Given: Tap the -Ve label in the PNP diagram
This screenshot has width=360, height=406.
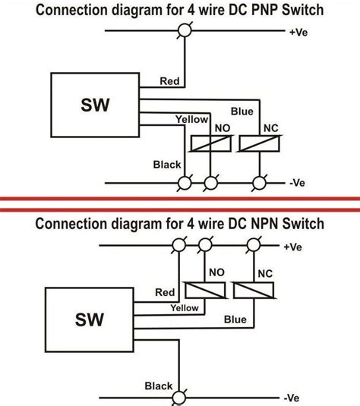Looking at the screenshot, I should click(297, 183).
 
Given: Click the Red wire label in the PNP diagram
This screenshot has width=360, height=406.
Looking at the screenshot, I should click(169, 80).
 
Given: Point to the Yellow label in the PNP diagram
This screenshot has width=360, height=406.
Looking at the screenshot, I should click(192, 119).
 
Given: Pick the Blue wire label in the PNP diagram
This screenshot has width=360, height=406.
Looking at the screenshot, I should click(242, 112).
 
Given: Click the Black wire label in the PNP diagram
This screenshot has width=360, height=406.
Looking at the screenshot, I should click(167, 164).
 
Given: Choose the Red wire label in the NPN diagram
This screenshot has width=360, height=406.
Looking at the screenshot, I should click(163, 292).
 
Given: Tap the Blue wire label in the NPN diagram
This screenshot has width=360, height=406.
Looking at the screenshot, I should click(235, 320).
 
